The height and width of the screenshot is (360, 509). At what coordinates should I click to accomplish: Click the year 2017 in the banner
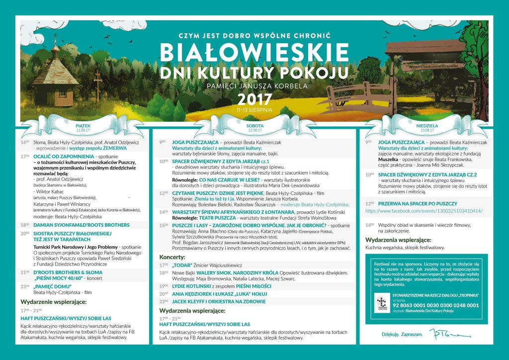tap(254, 100)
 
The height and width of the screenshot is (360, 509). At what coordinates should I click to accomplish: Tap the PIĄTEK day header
tap(83, 126)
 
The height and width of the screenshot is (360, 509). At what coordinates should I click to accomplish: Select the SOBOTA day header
tap(254, 126)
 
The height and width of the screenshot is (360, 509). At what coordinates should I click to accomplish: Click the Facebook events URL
tap(424, 211)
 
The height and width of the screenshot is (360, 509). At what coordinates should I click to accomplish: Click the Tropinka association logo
tap(382, 303)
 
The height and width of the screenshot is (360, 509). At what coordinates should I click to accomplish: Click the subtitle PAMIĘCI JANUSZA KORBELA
tap(254, 86)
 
